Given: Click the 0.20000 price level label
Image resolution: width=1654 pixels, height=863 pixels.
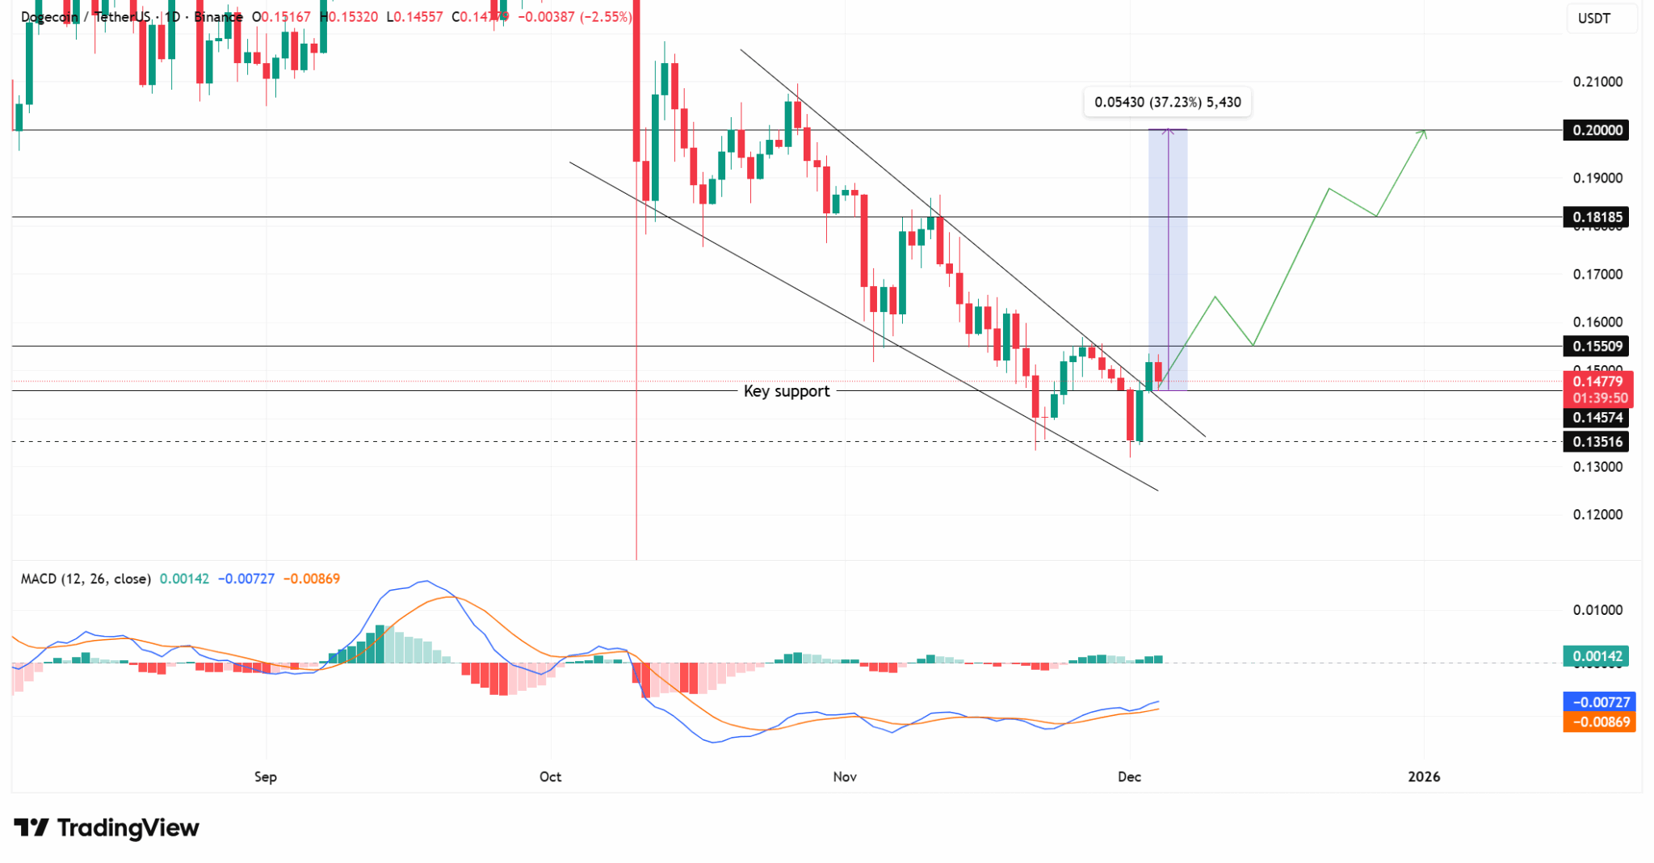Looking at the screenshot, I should pos(1597,130).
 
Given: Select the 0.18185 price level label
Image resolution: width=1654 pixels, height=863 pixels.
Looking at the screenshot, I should pos(1597,217).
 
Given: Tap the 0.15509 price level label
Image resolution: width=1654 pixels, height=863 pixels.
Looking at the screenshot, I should pos(1597,346).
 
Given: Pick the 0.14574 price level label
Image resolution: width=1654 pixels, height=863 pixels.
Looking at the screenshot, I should pos(1597,417).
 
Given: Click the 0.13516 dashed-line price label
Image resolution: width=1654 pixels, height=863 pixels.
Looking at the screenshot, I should pos(1597,441).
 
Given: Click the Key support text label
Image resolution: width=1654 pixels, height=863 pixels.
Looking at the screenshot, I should pos(786,391).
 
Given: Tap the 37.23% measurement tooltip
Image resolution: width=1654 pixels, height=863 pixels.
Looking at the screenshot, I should pos(1167,102).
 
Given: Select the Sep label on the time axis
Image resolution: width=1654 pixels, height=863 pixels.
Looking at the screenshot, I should pos(266,777).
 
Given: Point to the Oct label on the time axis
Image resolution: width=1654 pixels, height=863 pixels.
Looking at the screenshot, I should pos(550,777).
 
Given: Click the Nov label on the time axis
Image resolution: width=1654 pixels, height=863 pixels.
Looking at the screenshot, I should pos(845,777).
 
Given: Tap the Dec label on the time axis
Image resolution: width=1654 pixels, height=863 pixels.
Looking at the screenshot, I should pos(1129,777).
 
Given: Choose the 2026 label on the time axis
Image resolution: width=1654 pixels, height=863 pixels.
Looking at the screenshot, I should pos(1424,777).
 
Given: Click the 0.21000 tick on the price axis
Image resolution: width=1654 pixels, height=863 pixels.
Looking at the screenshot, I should pos(1597,82).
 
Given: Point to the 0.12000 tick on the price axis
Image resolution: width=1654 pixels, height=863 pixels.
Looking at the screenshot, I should pos(1597,515).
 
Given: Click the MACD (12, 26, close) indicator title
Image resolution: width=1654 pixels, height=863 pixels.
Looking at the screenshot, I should pos(86,579).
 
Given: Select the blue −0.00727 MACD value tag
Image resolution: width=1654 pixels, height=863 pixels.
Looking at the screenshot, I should pos(1599,702).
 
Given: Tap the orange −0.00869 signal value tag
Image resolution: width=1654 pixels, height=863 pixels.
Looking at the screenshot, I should pos(1599,722).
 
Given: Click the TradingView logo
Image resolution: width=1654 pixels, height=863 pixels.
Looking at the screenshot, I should pos(107,827).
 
